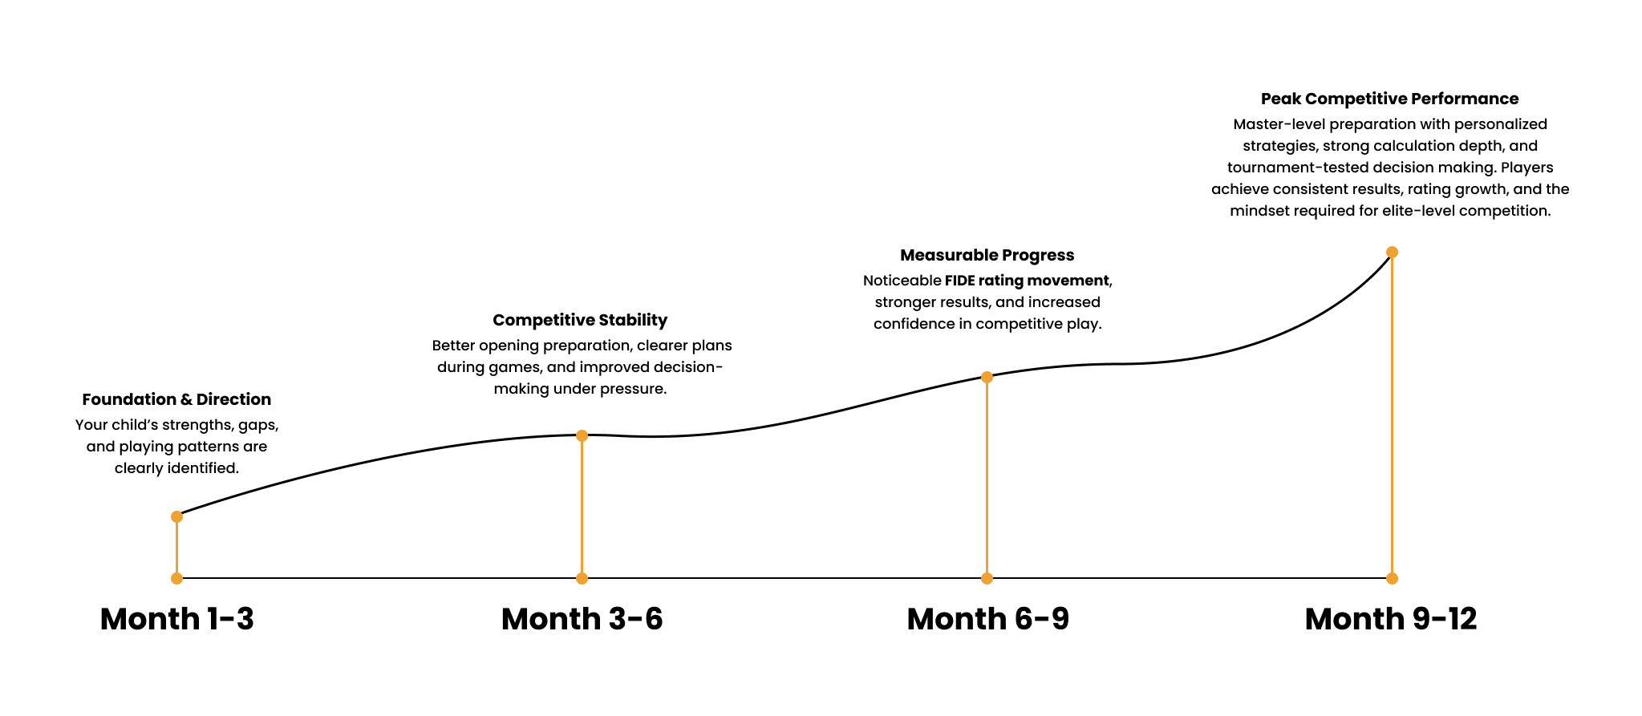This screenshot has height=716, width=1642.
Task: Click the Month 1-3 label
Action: [x=176, y=619]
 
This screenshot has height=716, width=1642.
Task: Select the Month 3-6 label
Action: [x=582, y=619]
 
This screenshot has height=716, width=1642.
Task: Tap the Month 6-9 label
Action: [x=987, y=619]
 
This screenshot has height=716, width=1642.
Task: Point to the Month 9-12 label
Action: [x=1390, y=619]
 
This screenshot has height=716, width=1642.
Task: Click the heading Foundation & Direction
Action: [x=176, y=399]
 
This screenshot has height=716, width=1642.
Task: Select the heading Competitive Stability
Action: [x=580, y=320]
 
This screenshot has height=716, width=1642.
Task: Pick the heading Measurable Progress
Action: [x=987, y=255]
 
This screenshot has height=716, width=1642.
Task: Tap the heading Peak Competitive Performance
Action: [x=1389, y=99]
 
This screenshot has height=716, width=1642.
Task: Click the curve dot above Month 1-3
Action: [x=176, y=516]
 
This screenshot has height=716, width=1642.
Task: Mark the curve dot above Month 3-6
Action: [x=582, y=435]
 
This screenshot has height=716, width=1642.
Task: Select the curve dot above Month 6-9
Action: [x=987, y=377]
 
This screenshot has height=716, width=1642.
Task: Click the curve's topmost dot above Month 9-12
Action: [x=1392, y=252]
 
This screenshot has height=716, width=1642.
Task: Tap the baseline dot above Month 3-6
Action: [x=582, y=578]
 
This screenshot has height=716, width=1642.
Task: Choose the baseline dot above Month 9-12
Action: [x=1392, y=578]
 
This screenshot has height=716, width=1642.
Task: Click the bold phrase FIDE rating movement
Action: [x=1027, y=281]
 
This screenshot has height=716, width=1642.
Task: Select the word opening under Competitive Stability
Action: [x=509, y=346]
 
